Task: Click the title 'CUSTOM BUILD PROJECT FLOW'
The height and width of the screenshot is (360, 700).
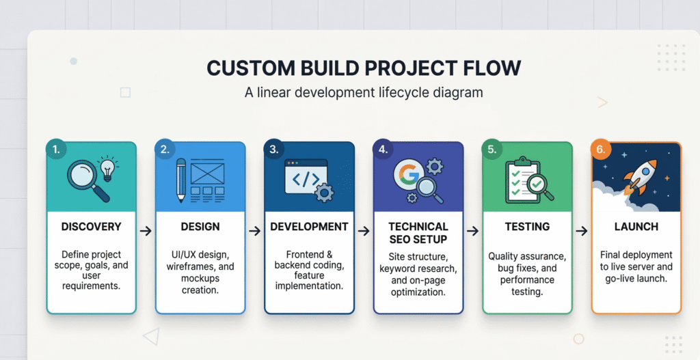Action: pos(363,68)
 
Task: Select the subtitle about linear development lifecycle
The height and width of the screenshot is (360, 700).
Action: pos(363,92)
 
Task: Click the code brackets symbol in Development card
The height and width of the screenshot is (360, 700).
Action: pos(305,179)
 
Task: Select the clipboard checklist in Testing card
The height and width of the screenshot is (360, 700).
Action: pos(522,179)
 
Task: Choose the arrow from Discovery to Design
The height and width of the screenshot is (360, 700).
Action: pos(146,231)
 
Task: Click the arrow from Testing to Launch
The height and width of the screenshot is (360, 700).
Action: pos(582,231)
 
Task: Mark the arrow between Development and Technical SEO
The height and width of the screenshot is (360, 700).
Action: pos(364,231)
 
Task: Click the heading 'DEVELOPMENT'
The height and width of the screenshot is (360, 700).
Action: pos(309,226)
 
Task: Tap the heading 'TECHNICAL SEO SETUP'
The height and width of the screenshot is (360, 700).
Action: pos(418,232)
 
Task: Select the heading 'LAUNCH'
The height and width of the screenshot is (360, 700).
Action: pos(636,226)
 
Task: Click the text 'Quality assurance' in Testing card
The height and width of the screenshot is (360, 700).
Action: pos(527,256)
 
